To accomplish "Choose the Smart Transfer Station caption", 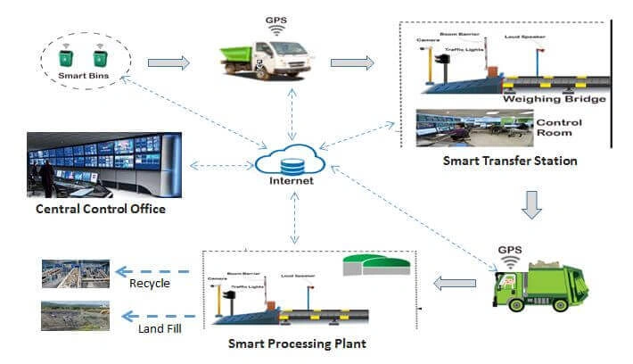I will pos(510,161).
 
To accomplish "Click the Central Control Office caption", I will pos(100,211).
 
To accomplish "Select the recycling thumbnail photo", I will pos(76,273).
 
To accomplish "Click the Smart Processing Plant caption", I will pos(297,343).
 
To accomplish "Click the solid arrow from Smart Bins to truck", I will pos(169,63).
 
